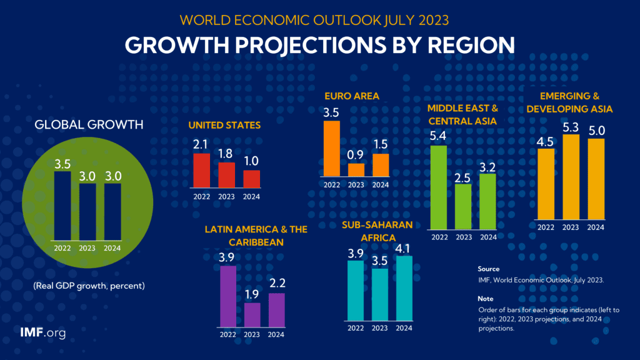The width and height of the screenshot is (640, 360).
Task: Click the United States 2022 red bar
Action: [x=201, y=170]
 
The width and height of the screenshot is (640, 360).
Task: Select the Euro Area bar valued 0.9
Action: [x=356, y=170]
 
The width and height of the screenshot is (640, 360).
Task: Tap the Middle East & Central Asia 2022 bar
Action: [x=439, y=187]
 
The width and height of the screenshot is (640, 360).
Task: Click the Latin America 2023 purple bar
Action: [x=251, y=314]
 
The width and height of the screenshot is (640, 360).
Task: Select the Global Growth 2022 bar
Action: [x=62, y=206]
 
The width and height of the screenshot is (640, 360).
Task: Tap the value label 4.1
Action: [x=404, y=247]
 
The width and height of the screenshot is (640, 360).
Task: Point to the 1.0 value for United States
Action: [x=251, y=161]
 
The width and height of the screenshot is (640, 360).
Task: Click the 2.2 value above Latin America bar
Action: [x=276, y=284]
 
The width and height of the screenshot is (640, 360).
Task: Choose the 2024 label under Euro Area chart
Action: [x=381, y=185]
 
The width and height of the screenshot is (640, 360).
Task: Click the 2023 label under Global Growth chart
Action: [x=87, y=248]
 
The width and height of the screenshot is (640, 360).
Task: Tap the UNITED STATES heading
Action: [x=224, y=125]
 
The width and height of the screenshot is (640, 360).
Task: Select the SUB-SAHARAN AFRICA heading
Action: [x=377, y=231]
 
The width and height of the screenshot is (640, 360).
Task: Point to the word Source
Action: [x=488, y=269]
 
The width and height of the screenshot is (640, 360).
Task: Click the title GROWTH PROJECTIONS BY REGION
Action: [x=319, y=45]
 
